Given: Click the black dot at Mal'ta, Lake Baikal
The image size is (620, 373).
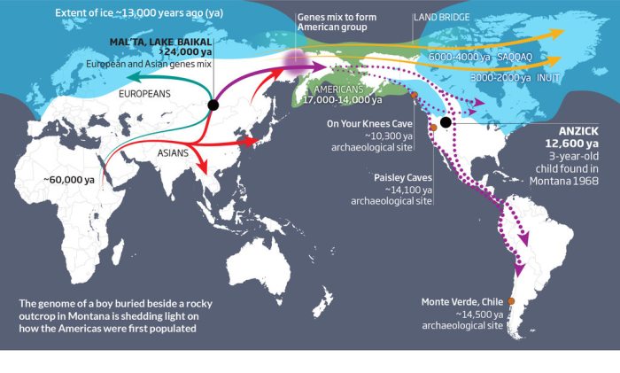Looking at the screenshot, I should (213, 105).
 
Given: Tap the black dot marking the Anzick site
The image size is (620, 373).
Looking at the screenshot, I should (446, 122).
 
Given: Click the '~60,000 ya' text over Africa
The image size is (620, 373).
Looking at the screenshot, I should (67, 180).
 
